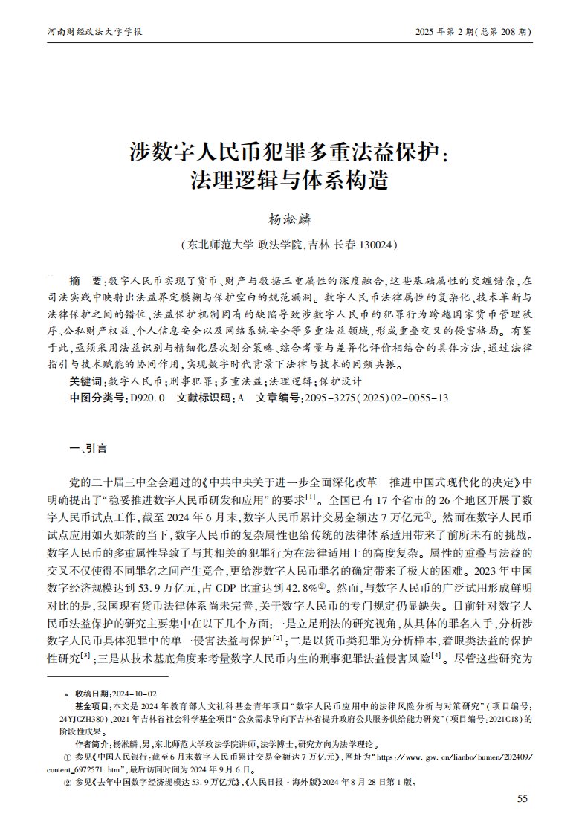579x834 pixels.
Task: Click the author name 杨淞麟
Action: [289, 219]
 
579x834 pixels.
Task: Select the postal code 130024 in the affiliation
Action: [376, 244]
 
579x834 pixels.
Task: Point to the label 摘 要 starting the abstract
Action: [88, 282]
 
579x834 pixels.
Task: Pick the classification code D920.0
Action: [148, 398]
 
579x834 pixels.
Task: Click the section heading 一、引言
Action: [88, 448]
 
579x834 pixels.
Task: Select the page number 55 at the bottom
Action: [522, 798]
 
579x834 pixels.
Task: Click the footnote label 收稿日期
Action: [92, 693]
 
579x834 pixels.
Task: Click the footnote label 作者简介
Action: [92, 743]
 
